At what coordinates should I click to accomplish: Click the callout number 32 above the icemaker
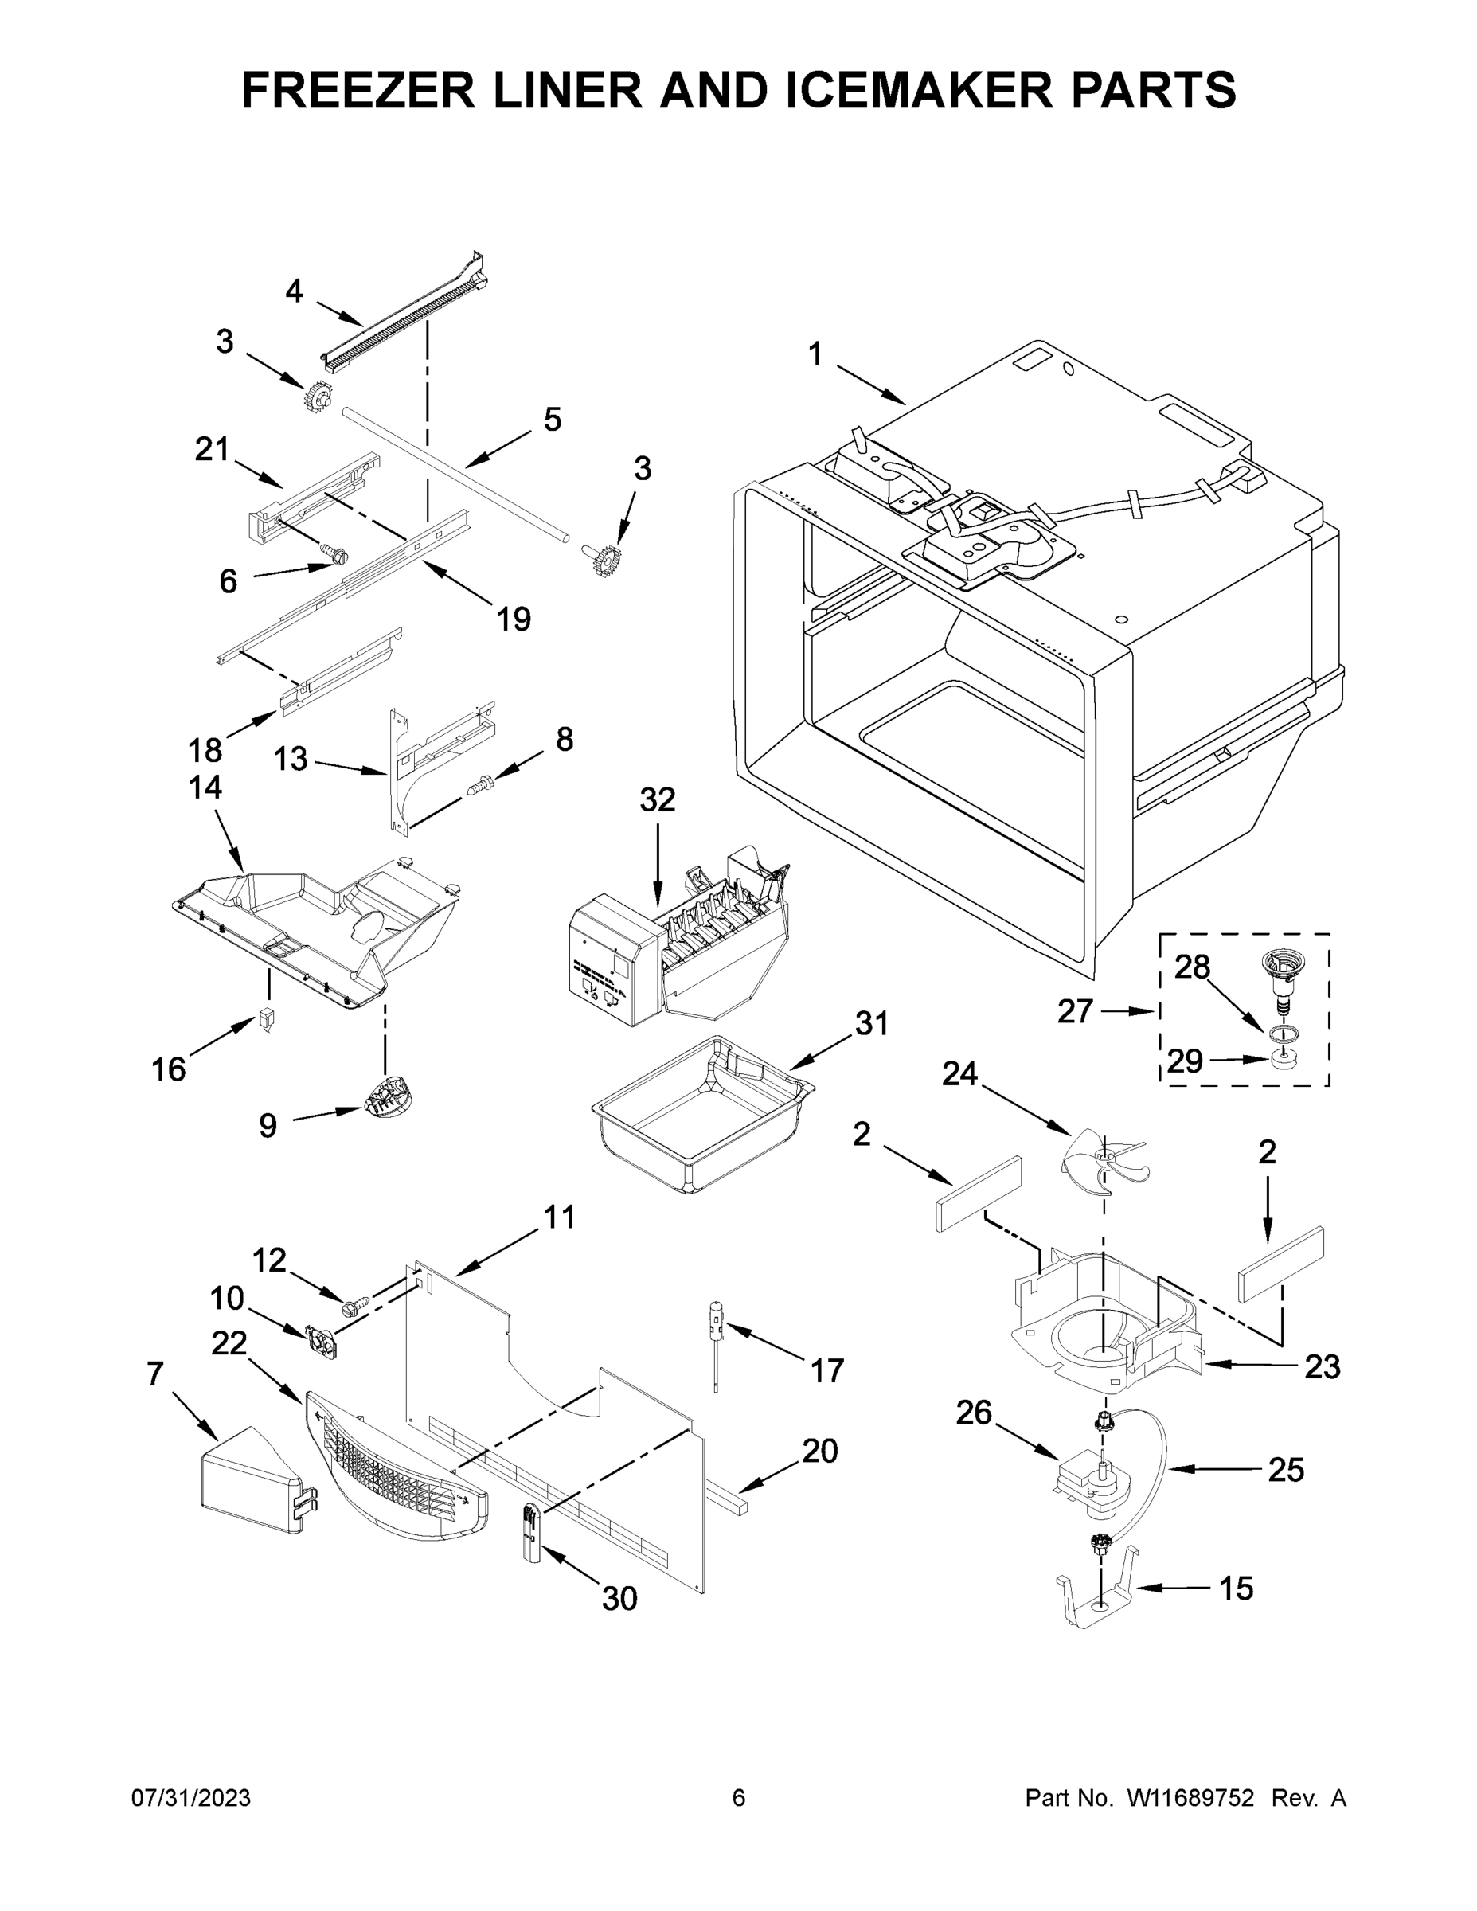coord(657,799)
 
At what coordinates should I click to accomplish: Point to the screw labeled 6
coord(334,553)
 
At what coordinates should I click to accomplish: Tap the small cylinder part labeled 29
coord(1283,1061)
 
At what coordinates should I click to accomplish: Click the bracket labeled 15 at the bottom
coord(1096,1596)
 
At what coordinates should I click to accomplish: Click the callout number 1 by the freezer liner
coord(815,354)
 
